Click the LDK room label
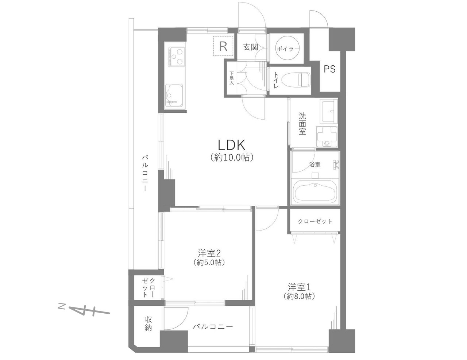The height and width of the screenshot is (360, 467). (x=231, y=145)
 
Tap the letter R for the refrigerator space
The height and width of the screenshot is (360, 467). (x=224, y=46)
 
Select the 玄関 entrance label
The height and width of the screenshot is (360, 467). (x=251, y=47)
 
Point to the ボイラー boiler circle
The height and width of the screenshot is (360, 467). (x=288, y=49)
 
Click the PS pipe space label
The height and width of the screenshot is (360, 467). (x=330, y=69)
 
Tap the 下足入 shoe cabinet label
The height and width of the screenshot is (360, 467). (x=231, y=78)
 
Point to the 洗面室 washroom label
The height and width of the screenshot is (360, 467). (x=302, y=124)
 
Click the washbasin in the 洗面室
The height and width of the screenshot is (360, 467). (x=328, y=111)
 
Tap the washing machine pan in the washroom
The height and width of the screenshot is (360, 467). (x=327, y=137)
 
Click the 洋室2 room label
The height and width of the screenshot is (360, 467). (x=209, y=253)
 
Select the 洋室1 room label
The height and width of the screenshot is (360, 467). (x=300, y=287)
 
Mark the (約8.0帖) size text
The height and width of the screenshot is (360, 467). (x=300, y=297)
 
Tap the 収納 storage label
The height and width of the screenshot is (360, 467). (x=148, y=324)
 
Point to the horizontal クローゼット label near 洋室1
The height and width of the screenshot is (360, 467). (x=315, y=221)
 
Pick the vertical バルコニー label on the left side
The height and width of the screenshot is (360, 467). (x=145, y=173)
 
